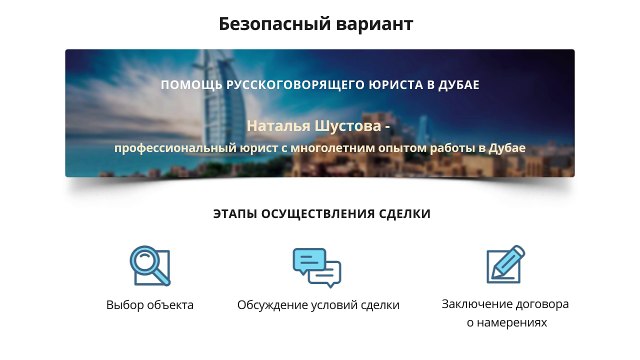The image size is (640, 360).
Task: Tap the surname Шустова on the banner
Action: click(351, 127)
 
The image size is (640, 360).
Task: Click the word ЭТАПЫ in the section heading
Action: click(236, 214)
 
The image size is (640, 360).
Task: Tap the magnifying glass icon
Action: click(150, 265)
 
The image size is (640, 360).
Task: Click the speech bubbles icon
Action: click(317, 267)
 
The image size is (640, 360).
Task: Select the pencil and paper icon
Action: click(505, 265)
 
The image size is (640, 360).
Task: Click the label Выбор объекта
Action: click(150, 305)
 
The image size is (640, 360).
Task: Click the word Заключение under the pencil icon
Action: click(475, 304)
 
